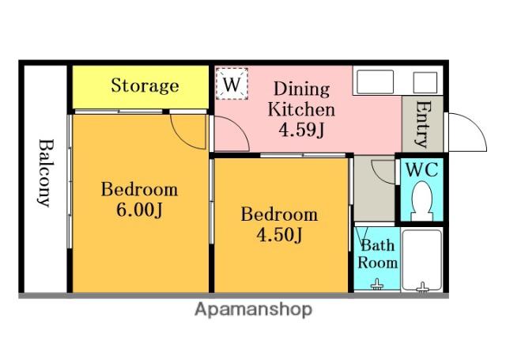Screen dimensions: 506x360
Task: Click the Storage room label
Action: pyautogui.click(x=145, y=85)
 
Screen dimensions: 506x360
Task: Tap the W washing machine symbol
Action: pyautogui.click(x=232, y=84)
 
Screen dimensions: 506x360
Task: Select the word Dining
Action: pyautogui.click(x=302, y=89)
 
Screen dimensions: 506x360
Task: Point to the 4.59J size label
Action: pyautogui.click(x=301, y=130)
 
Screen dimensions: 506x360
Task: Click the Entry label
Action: pyautogui.click(x=423, y=124)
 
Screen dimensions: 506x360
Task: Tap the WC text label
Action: pyautogui.click(x=421, y=169)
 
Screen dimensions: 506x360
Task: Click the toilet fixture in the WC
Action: pyautogui.click(x=421, y=201)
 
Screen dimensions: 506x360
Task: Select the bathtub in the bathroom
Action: pyautogui.click(x=421, y=260)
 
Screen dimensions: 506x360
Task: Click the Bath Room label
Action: pyautogui.click(x=377, y=254)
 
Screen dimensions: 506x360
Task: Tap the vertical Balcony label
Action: pyautogui.click(x=44, y=172)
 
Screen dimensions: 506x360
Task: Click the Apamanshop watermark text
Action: pyautogui.click(x=253, y=309)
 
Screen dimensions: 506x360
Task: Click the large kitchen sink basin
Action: pyautogui.click(x=374, y=82)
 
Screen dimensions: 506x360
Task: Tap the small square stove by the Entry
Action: pyautogui.click(x=425, y=82)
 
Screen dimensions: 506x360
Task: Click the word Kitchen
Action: pyautogui.click(x=301, y=109)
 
